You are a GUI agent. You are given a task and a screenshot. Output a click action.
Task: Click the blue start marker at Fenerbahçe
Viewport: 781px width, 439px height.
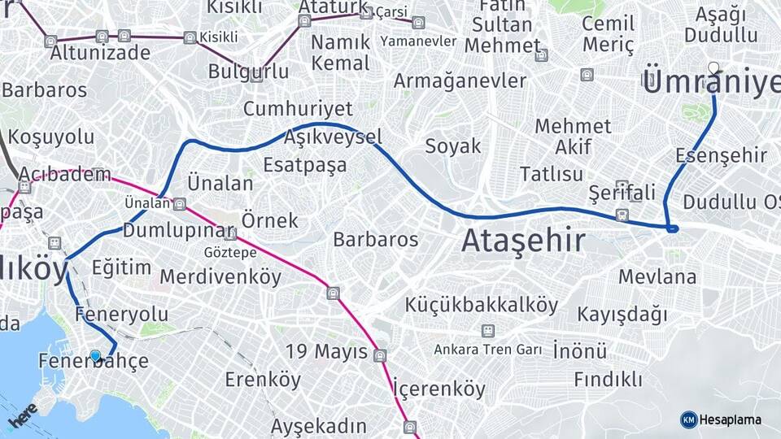[x=95, y=356]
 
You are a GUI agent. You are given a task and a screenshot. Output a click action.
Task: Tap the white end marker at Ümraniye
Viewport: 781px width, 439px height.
[x=713, y=67]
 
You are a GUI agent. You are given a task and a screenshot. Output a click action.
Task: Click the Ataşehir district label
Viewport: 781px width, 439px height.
[x=523, y=241]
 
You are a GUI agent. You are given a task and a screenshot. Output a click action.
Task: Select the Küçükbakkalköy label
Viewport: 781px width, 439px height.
[x=482, y=306]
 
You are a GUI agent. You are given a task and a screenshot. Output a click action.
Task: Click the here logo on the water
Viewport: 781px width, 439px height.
[x=24, y=416]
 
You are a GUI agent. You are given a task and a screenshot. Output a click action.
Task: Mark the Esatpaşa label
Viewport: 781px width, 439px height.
[x=304, y=165]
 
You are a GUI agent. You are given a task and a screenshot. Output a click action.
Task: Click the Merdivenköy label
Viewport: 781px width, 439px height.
[x=220, y=276]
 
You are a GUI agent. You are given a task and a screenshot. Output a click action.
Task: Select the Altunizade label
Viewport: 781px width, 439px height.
[x=100, y=53]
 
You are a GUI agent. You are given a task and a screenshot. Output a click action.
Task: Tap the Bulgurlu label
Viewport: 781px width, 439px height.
[x=248, y=71]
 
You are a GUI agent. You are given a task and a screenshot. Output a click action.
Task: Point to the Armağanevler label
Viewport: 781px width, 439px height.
[x=460, y=80]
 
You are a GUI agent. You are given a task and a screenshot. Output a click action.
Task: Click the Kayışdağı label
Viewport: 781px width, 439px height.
[x=622, y=314]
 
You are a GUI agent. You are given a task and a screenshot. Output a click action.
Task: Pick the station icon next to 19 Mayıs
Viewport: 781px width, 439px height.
[x=380, y=355]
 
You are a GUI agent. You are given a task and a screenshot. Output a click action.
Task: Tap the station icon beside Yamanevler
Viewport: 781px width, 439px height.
[x=418, y=23]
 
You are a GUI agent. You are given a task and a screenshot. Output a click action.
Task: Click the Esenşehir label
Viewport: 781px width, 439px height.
[x=721, y=154]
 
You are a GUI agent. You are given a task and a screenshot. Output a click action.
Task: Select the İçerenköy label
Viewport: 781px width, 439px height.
[x=439, y=389]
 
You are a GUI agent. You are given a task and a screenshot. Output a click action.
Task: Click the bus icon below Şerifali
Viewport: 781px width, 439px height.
[x=622, y=215]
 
